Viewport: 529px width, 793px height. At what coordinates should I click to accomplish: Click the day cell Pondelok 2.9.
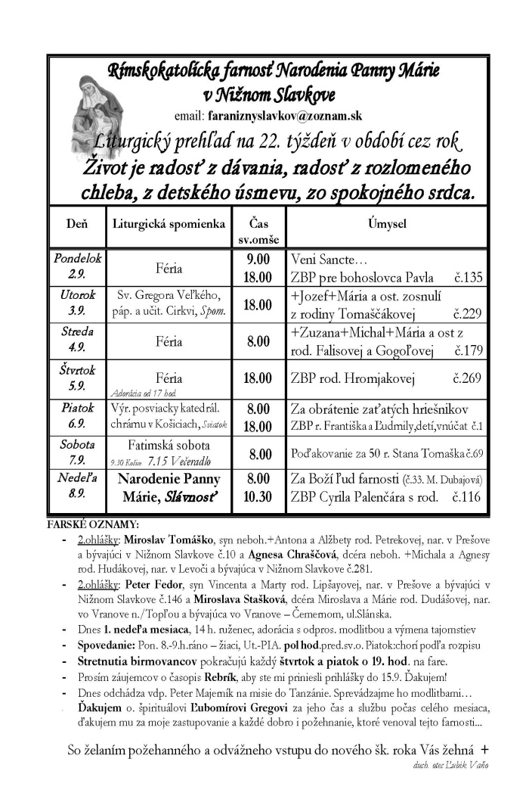[x=77, y=266]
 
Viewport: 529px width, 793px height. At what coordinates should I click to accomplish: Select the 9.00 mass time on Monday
[x=258, y=260]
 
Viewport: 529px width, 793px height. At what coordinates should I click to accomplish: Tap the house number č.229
[x=467, y=314]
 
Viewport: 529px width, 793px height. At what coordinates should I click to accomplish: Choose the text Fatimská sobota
[x=168, y=445]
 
